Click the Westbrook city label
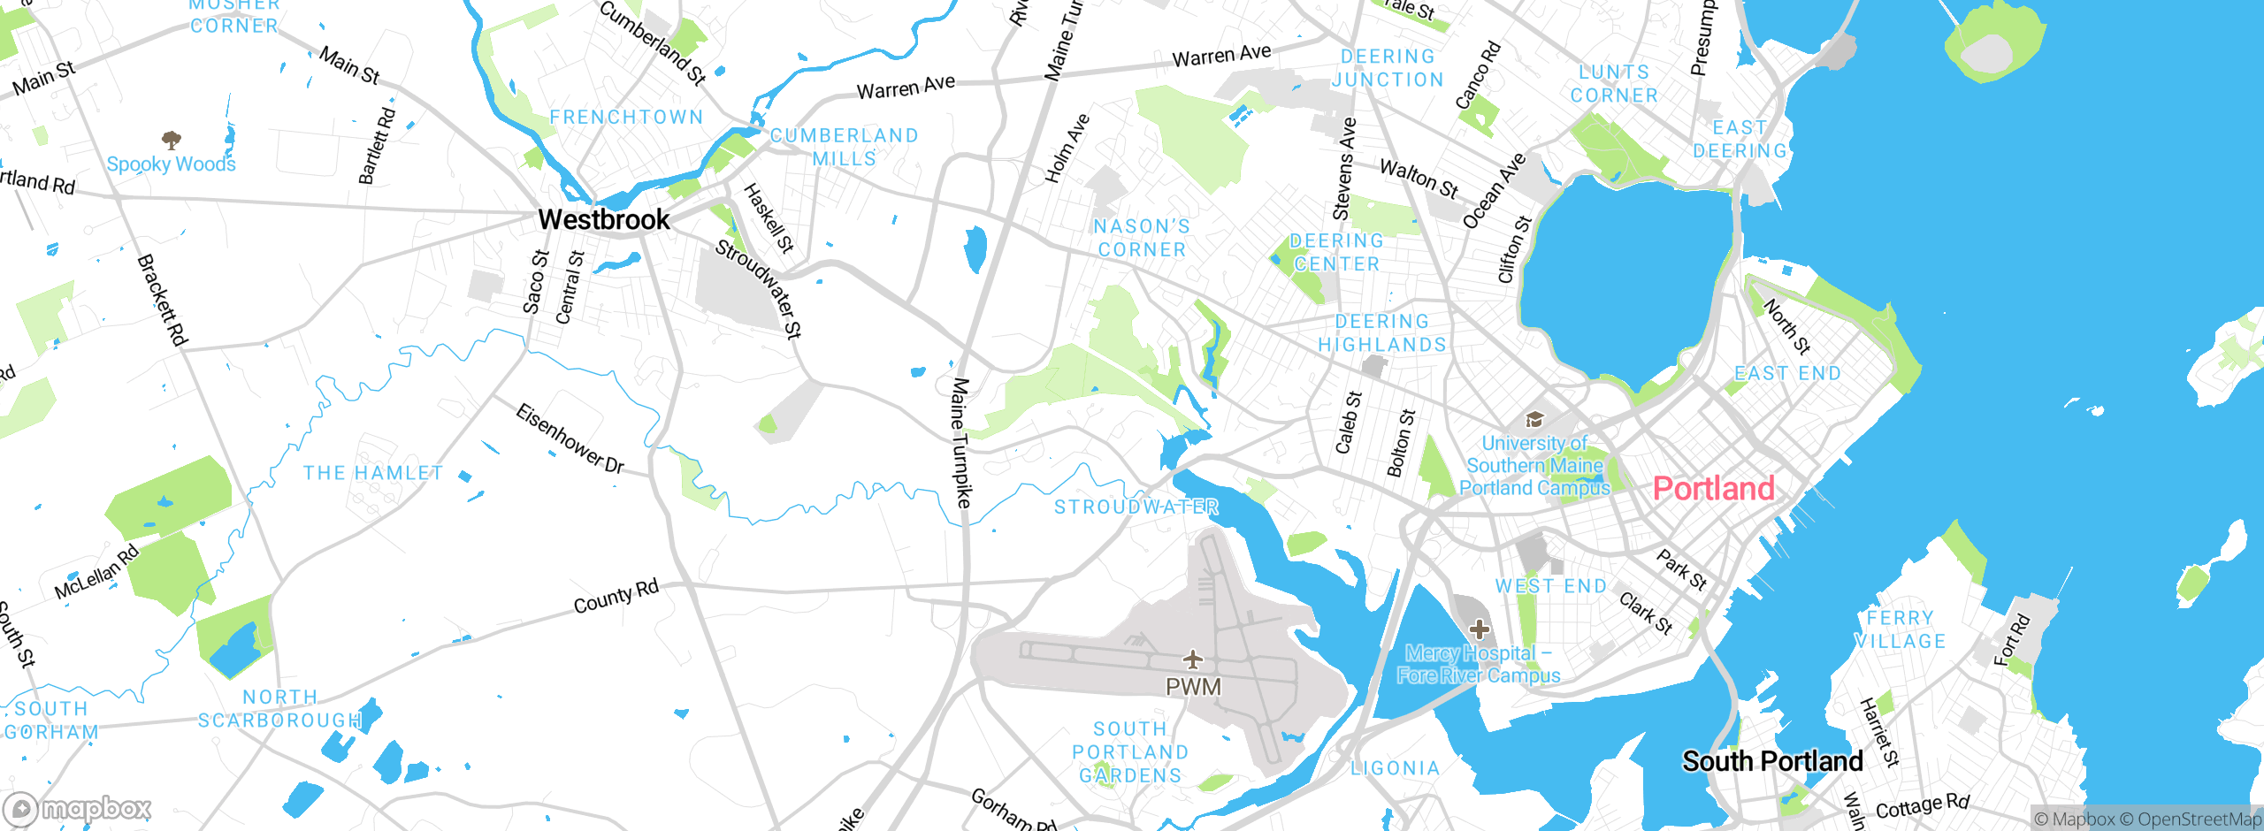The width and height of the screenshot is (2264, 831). tap(604, 219)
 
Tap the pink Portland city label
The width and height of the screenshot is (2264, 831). tap(1713, 489)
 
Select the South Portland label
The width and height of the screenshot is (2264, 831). tap(1772, 761)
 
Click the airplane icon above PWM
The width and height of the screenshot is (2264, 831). tap(1193, 659)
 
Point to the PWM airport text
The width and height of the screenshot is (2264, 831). tap(1193, 687)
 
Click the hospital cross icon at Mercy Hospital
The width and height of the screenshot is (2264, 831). tap(1480, 629)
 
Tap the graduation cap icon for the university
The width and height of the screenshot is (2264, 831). tap(1534, 419)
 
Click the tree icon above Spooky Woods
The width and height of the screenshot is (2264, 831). tap(172, 140)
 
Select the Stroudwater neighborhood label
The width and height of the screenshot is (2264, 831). tap(1136, 507)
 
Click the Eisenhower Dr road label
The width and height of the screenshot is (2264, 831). tap(570, 439)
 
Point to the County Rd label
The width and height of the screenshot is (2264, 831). tap(616, 597)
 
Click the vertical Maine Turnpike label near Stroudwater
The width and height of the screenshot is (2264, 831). tap(961, 442)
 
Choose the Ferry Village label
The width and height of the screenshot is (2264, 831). tap(1900, 629)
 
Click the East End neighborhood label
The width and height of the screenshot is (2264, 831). tap(1787, 373)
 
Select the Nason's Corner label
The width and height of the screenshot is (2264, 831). tap(1142, 239)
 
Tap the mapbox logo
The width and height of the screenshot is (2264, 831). tap(78, 809)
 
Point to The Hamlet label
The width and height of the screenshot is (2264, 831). tap(372, 473)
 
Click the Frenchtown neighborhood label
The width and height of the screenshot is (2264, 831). tap(626, 117)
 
